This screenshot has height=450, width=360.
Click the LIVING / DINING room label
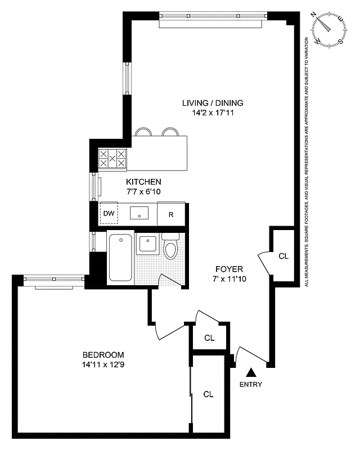212,103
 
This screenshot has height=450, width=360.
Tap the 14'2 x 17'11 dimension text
212,112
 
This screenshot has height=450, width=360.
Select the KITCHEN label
143,182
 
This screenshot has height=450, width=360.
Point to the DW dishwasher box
108,214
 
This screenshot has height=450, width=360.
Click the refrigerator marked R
171,214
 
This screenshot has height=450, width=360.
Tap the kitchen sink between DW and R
139,213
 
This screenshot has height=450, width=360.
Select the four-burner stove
112,159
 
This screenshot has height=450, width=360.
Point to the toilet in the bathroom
170,246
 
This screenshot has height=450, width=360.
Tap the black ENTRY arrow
252,372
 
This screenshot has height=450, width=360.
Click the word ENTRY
250,385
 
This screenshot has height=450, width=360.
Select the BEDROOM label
103,355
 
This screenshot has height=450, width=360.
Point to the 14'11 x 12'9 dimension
103,364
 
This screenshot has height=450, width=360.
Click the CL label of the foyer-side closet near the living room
283,256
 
